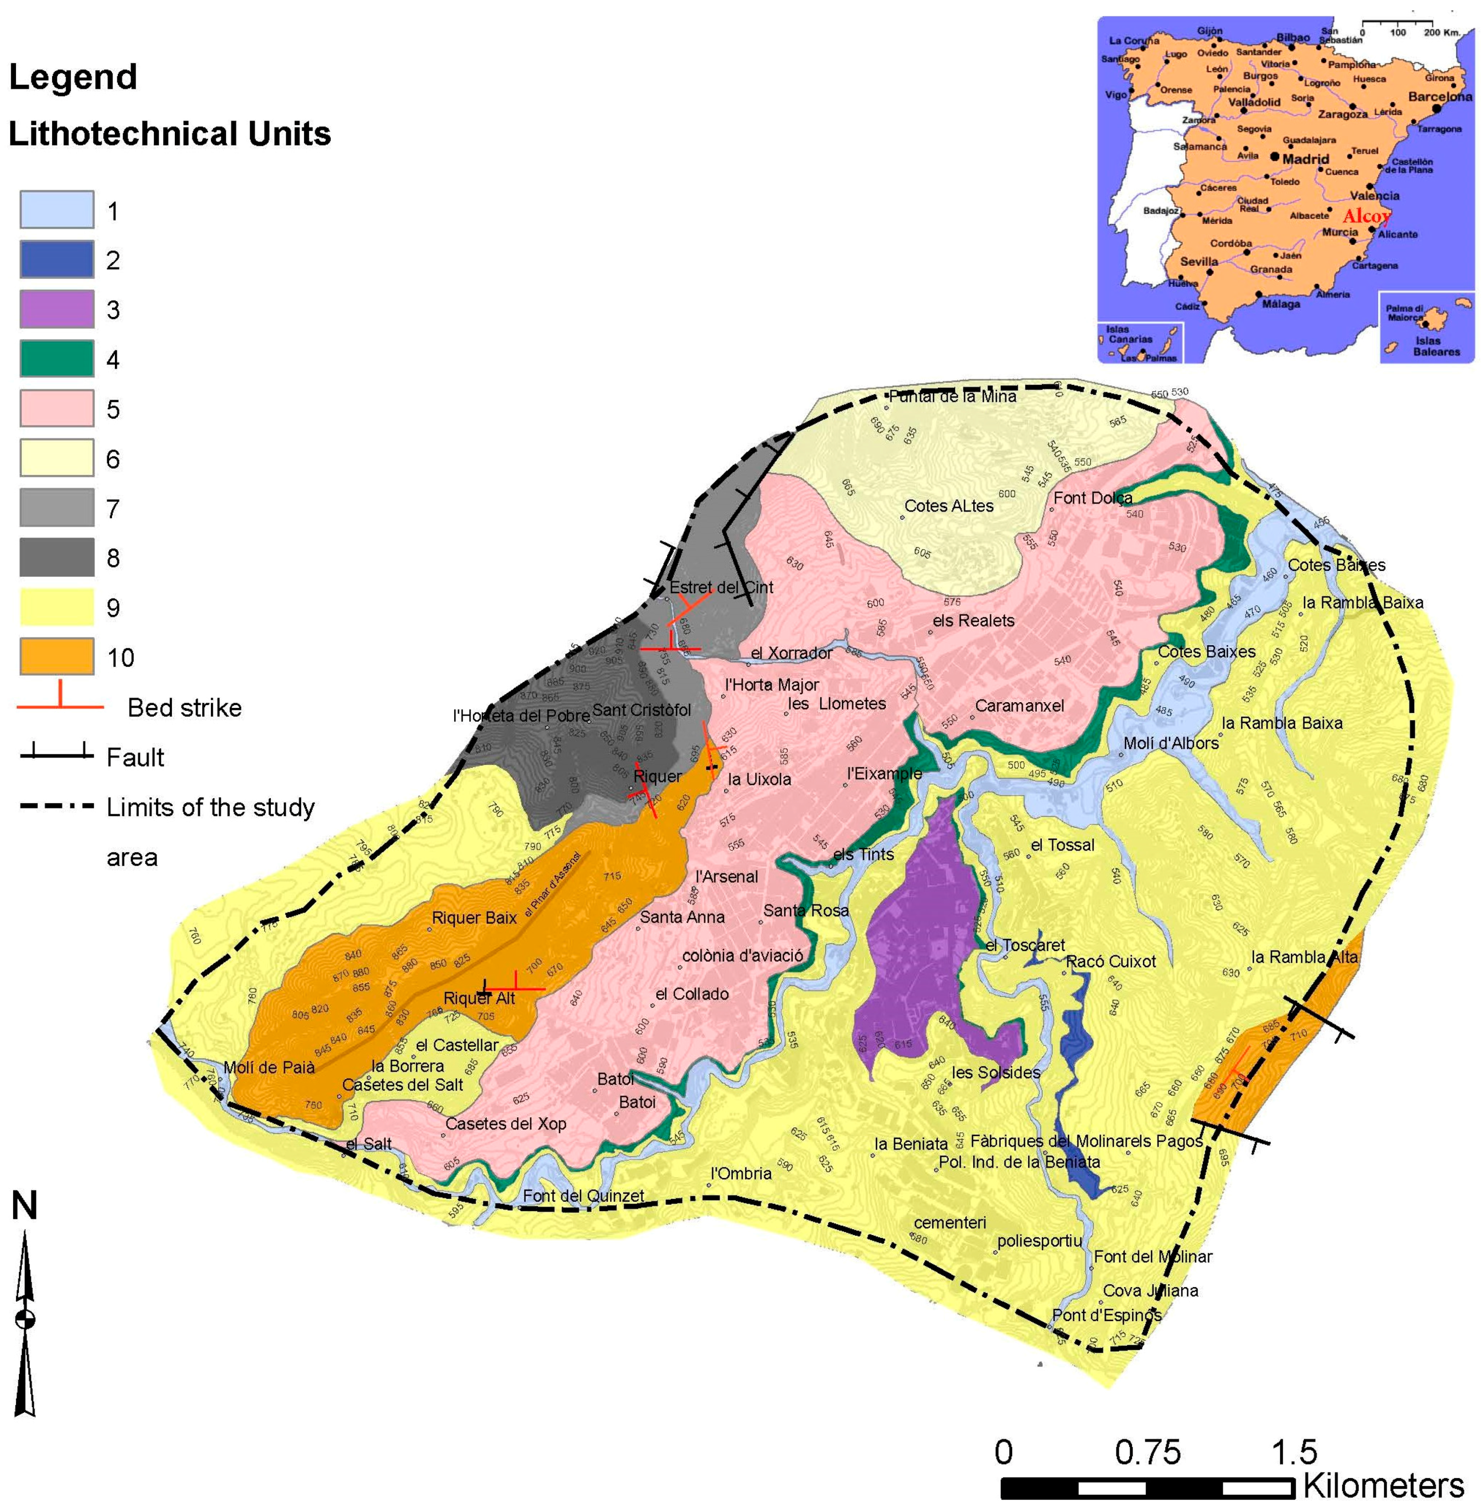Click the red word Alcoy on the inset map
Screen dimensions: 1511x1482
click(x=1366, y=216)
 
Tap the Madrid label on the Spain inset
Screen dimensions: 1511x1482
click(x=1305, y=159)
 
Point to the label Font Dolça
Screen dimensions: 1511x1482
click(x=1093, y=498)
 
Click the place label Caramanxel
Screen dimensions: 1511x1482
click(x=1019, y=706)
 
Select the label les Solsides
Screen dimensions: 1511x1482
click(x=995, y=1072)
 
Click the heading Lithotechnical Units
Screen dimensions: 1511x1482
click(x=170, y=134)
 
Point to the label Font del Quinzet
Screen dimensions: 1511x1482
click(x=583, y=1196)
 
